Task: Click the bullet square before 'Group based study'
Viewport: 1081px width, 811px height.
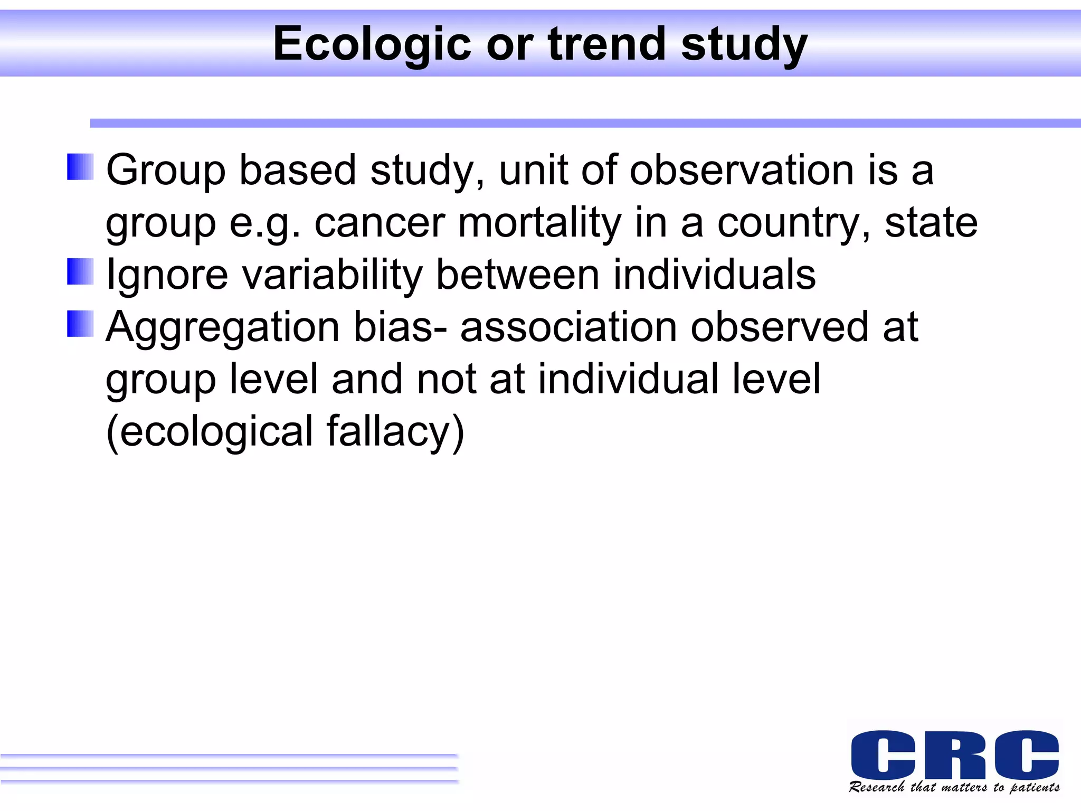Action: [80, 167]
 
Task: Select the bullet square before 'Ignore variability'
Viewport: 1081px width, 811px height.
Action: [80, 271]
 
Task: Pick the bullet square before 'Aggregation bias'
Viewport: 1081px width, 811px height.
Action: [80, 323]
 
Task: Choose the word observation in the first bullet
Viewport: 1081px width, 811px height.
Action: [742, 170]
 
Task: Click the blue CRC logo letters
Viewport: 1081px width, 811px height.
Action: [954, 755]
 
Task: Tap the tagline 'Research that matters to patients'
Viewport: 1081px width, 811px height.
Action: [954, 787]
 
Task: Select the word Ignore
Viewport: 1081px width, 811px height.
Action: [167, 275]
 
